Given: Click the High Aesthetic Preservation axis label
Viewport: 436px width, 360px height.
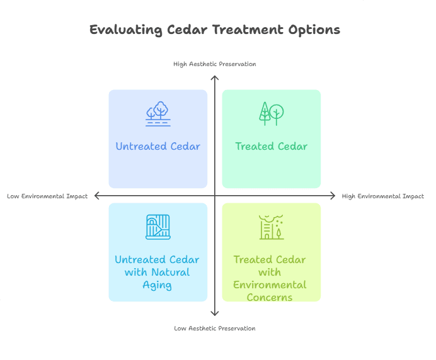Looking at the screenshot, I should [x=215, y=64].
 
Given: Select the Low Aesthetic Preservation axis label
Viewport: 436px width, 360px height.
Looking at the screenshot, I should [x=215, y=328].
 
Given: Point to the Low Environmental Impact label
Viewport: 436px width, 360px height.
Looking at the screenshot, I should [x=47, y=196].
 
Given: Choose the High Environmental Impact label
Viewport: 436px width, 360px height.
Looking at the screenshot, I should [x=383, y=196].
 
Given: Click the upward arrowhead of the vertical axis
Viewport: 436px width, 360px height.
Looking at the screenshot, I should [x=215, y=78].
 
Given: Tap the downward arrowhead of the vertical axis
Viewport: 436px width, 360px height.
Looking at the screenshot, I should [x=215, y=313].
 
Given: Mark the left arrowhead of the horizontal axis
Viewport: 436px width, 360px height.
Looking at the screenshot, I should [x=97, y=196].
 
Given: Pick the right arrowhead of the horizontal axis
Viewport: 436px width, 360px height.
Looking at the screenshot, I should [x=333, y=196].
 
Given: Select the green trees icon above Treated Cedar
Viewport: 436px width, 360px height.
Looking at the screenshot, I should [x=272, y=113].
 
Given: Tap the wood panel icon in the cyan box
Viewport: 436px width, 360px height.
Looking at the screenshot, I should [x=158, y=227].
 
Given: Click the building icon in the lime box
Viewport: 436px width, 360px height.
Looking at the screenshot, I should [x=272, y=227].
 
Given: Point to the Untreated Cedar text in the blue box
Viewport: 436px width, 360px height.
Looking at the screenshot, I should [x=158, y=147].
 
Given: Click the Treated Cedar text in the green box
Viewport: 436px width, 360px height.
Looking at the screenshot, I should [x=272, y=147].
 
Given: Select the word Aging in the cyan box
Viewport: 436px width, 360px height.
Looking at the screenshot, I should [x=158, y=284].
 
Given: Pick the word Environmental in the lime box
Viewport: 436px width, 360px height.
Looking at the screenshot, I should [x=270, y=284].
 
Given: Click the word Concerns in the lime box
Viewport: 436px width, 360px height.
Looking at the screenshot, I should [x=270, y=296].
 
